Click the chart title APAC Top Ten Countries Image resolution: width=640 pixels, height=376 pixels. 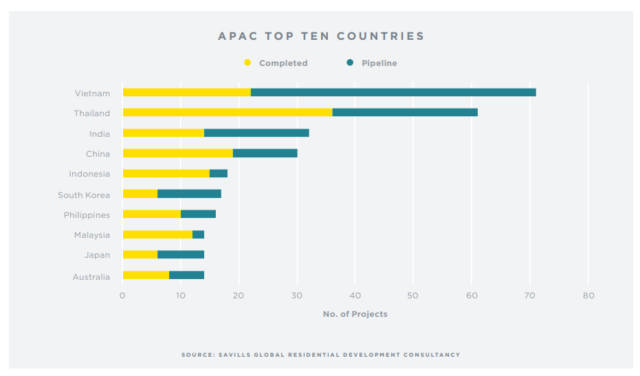[x=321, y=36]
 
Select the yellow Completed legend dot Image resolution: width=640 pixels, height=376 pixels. [x=247, y=63]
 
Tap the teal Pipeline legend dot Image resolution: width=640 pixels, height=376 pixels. [x=350, y=63]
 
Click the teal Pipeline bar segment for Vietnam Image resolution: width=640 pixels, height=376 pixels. [x=393, y=93]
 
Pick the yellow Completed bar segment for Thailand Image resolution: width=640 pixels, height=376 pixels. [x=227, y=113]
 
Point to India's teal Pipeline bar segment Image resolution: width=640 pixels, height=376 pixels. [x=256, y=133]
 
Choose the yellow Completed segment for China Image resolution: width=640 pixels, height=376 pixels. [x=177, y=153]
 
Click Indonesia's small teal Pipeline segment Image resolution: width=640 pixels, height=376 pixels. [x=218, y=174]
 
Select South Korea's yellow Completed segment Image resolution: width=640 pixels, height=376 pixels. [x=140, y=194]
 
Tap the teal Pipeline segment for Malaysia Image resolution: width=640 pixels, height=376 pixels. [x=198, y=234]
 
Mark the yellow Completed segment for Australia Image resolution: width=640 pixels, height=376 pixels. [x=146, y=276]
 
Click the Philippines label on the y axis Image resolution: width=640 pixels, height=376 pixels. [x=87, y=215]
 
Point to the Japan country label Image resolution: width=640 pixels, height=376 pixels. [x=97, y=255]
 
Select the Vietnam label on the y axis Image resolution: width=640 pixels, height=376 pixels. [x=92, y=93]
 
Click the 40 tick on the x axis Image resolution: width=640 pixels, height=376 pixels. [x=355, y=296]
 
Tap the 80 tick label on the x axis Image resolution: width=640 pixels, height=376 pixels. [x=588, y=296]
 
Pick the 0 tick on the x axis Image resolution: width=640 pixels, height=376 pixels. [x=122, y=296]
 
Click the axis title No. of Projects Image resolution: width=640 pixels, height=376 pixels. [x=355, y=314]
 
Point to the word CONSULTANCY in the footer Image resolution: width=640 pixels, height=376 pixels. [x=434, y=355]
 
